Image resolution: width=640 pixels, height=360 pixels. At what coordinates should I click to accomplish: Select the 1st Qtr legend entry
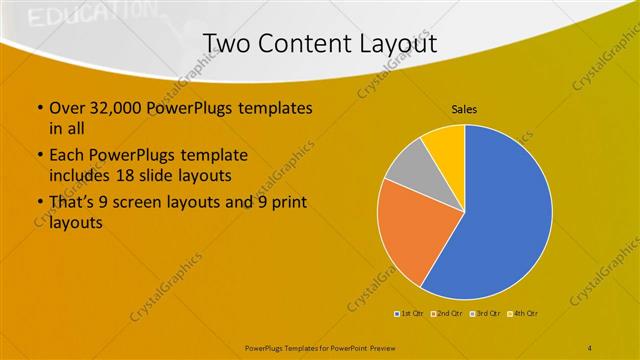click(x=410, y=313)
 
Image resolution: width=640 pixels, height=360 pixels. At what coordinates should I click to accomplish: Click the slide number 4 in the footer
click(x=590, y=346)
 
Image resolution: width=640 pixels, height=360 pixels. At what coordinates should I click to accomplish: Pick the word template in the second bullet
click(x=200, y=156)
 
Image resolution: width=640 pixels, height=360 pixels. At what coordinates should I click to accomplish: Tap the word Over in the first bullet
click(x=66, y=108)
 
